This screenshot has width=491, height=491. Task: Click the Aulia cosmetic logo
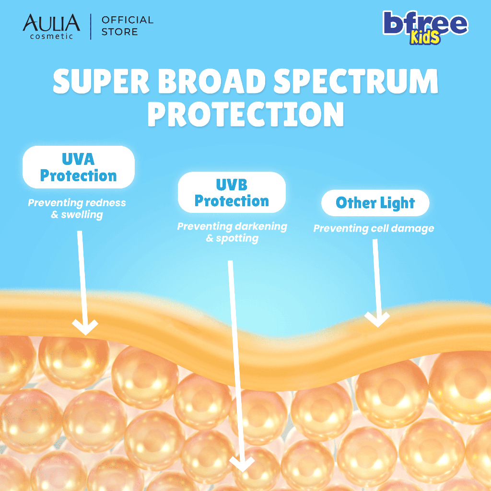click(51, 26)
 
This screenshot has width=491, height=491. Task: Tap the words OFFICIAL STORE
click(128, 26)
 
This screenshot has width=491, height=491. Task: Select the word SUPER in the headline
click(101, 81)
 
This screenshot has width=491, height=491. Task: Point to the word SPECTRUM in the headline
click(356, 81)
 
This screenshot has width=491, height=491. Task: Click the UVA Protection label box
click(79, 167)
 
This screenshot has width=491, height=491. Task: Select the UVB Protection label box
click(232, 192)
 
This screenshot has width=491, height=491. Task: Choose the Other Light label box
click(375, 203)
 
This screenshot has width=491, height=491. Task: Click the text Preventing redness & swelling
click(77, 209)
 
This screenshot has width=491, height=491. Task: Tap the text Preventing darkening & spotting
click(232, 232)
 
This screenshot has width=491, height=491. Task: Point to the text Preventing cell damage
click(374, 229)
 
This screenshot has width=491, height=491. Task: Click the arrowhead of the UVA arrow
click(85, 327)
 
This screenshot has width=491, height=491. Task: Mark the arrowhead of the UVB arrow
click(242, 464)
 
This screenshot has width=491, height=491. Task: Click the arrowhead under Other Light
click(377, 319)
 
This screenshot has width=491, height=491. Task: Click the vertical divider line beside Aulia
click(91, 27)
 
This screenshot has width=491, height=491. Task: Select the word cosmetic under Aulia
click(51, 36)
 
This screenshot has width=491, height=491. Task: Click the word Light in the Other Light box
click(397, 203)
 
